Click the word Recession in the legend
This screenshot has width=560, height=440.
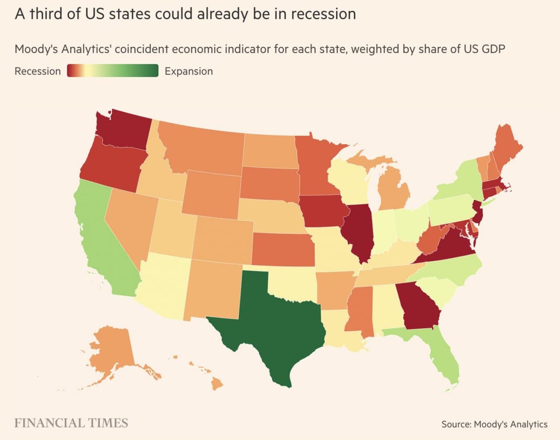tap(38, 71)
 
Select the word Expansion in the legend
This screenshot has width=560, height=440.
tap(189, 71)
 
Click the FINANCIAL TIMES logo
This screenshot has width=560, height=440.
tap(71, 423)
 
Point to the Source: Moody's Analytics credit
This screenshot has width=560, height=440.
tap(494, 424)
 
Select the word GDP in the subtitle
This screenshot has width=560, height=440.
tap(493, 49)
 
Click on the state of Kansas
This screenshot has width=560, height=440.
tap(282, 250)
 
